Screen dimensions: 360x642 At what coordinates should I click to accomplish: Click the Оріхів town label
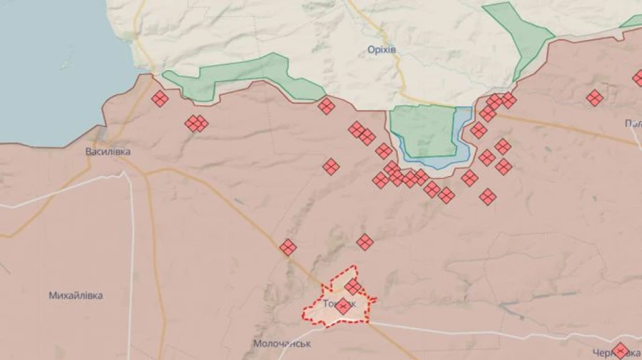point(381,50)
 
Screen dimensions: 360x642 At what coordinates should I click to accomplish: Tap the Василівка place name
point(108,152)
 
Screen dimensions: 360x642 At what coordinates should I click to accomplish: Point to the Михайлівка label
point(76,295)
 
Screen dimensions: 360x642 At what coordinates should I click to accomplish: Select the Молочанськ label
point(282,344)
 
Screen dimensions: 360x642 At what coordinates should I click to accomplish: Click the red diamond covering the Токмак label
point(342,307)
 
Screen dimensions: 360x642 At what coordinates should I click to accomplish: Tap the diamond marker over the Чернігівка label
point(620,350)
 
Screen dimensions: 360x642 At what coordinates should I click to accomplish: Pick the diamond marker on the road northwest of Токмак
point(287,247)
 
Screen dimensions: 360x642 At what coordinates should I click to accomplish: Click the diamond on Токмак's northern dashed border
point(353,286)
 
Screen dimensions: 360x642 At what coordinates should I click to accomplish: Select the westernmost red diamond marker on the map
point(160,98)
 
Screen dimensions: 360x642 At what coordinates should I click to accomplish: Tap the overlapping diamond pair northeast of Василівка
point(196,123)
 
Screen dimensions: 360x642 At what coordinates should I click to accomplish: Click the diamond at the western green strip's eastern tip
point(327,106)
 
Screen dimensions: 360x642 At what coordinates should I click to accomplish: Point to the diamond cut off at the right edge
point(638,78)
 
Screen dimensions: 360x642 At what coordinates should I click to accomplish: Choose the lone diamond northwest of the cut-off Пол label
point(594,98)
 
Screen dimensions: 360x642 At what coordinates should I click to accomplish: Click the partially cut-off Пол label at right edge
point(633,123)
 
